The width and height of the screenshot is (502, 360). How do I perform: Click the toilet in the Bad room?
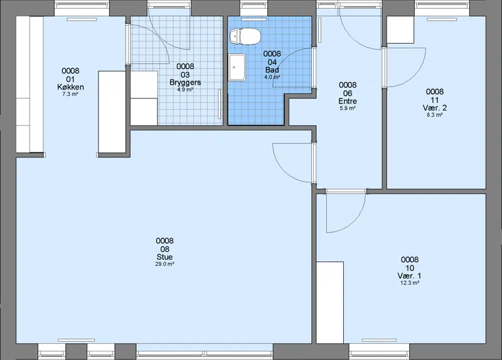(245, 36)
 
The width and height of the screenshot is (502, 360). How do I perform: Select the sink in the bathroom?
(237, 67)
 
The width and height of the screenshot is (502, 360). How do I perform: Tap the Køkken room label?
(70, 87)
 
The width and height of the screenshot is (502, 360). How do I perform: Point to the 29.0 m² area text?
(164, 264)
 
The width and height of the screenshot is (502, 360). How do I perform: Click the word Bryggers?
(185, 82)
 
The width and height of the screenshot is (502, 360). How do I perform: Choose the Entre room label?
(348, 101)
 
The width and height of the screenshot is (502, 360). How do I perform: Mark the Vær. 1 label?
(410, 276)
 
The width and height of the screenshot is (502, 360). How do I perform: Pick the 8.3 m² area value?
(434, 115)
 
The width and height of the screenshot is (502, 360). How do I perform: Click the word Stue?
(164, 257)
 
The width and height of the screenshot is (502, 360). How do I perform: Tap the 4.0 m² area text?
(272, 77)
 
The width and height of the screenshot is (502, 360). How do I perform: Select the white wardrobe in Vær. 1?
(330, 303)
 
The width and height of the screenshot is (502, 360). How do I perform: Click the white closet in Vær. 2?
(400, 30)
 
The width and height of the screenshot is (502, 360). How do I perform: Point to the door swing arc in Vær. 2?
(415, 77)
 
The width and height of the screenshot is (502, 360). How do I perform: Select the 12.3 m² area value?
(410, 283)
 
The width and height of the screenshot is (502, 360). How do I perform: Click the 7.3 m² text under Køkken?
(70, 94)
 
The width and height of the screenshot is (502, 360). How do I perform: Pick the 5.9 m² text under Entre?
(348, 108)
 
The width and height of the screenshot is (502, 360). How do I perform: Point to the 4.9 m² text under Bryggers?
(185, 90)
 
